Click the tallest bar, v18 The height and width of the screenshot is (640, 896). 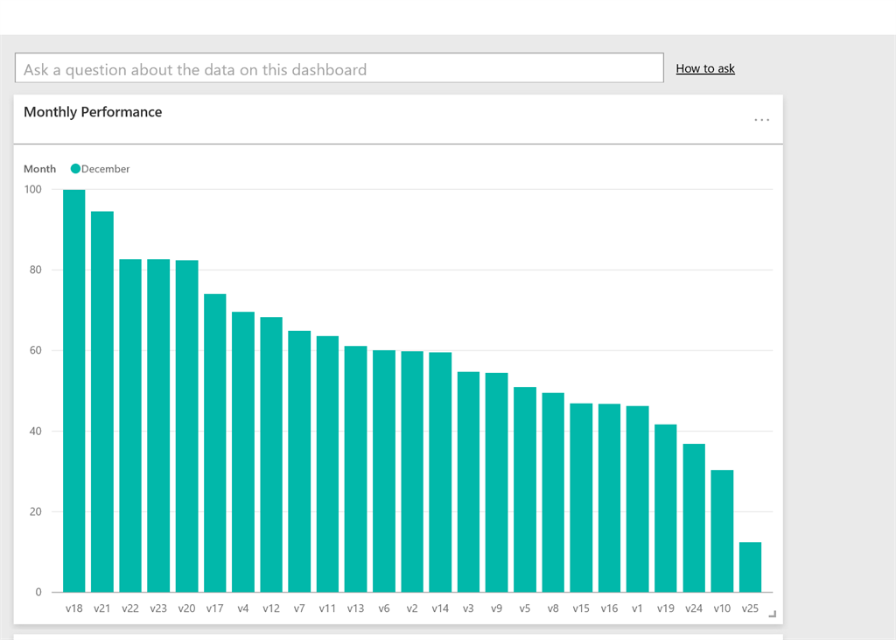coord(74,390)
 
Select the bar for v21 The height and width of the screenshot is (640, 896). coord(102,402)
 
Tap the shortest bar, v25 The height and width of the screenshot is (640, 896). coord(750,567)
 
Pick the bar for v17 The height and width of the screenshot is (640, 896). coord(215,443)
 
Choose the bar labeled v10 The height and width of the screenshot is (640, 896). coord(722,531)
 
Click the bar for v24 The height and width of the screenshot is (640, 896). coord(694,518)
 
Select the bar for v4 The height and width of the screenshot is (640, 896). coord(243,452)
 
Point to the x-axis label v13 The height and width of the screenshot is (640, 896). coord(355,608)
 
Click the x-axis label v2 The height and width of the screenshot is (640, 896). coord(412,608)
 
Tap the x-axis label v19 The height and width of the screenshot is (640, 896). coord(665,608)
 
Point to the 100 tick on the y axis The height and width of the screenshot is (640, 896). coord(33,189)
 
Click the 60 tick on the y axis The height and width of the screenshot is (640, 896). coord(33,350)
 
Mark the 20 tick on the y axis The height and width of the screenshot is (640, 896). coord(33,511)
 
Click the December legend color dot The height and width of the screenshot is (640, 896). coord(75,169)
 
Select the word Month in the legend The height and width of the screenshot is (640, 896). coord(39,169)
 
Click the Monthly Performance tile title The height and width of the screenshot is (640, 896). coord(93,112)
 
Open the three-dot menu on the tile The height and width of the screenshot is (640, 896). coord(762,120)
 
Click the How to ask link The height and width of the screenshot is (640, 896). coord(705,68)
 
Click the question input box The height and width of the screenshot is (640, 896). coord(339,68)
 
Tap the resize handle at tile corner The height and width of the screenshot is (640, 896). coord(773,615)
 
